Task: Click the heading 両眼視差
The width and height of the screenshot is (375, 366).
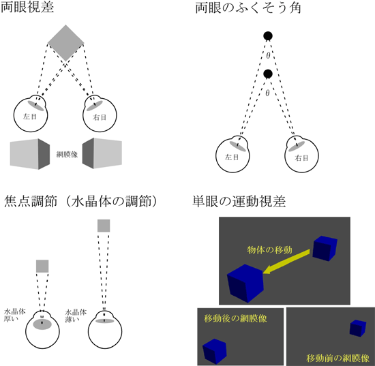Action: click(27, 7)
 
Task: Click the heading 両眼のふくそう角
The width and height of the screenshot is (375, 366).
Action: click(248, 8)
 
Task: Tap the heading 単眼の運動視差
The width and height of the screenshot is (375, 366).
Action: click(239, 201)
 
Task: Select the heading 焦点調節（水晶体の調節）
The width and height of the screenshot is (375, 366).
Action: click(81, 201)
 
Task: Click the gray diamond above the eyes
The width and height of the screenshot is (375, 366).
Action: click(65, 43)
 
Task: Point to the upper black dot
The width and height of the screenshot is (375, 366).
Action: click(268, 36)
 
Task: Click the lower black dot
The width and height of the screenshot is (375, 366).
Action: click(268, 74)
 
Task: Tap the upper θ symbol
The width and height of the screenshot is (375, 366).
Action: click(268, 56)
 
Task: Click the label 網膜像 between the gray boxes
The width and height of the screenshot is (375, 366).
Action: click(67, 155)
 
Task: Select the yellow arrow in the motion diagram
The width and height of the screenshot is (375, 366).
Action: click(286, 261)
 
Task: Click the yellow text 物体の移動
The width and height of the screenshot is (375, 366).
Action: click(269, 250)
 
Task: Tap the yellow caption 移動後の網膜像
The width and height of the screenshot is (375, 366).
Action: click(235, 318)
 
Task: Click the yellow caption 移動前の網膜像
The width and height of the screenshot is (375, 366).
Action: click(337, 358)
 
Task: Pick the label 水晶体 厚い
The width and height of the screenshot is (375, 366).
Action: click(14, 316)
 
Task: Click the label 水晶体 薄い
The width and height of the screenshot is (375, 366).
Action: click(76, 316)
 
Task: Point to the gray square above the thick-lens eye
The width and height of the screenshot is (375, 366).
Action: click(42, 266)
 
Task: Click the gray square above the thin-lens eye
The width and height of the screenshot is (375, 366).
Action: click(104, 226)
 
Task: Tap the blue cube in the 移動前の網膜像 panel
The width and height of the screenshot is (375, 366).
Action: click(358, 329)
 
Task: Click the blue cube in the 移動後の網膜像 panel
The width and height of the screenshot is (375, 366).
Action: click(215, 351)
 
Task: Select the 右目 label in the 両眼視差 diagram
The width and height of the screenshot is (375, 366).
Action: click(100, 118)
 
